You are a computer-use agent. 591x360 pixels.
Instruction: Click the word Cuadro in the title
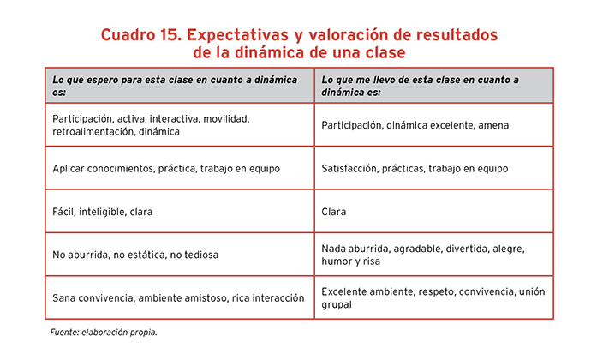tap(128, 35)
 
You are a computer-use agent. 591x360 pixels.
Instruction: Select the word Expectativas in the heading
tap(237, 35)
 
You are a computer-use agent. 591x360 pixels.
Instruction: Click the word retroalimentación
tap(94, 132)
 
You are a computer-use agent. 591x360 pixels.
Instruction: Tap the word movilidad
tap(226, 119)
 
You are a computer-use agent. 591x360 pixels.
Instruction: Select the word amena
tap(493, 125)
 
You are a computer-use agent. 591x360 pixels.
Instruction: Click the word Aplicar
tap(69, 169)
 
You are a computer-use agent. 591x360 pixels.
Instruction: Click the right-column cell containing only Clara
tap(433, 212)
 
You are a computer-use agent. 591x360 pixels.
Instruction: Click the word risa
tap(371, 261)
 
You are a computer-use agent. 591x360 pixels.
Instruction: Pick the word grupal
tap(337, 304)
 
